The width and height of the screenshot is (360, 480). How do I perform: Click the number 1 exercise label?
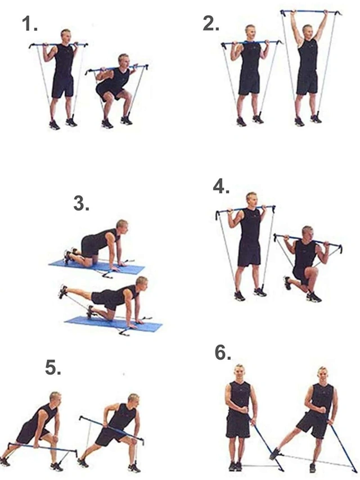30,24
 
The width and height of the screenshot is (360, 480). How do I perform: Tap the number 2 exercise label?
211,24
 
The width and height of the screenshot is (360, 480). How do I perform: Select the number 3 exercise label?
82,203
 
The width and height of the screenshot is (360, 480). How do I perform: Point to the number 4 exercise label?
221,186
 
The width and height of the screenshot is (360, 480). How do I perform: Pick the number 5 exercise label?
53,368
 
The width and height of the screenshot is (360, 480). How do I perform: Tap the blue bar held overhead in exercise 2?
310,12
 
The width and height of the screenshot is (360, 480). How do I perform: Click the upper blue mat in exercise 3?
97,267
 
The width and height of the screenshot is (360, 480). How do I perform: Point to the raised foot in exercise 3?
62,291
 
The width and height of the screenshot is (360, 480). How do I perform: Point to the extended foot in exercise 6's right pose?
274,454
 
